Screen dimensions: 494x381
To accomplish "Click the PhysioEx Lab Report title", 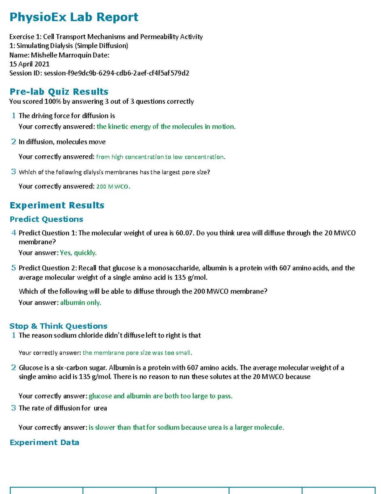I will pyautogui.click(x=74, y=17).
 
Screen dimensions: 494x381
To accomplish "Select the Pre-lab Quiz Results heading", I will pyautogui.click(x=59, y=92).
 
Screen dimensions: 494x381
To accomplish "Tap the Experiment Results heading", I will pyautogui.click(x=57, y=205).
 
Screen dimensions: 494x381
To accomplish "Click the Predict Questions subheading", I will pyautogui.click(x=46, y=219).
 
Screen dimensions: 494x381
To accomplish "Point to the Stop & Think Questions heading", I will pyautogui.click(x=58, y=326).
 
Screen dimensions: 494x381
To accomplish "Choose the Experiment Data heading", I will pyautogui.click(x=44, y=442).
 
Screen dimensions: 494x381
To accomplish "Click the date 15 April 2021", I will pyautogui.click(x=29, y=64).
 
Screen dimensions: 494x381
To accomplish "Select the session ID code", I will pyautogui.click(x=117, y=73).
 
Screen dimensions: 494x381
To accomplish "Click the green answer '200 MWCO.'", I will pyautogui.click(x=113, y=186).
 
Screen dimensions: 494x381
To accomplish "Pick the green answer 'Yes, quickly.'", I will pyautogui.click(x=78, y=253).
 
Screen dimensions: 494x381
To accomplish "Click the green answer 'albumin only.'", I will pyautogui.click(x=81, y=303).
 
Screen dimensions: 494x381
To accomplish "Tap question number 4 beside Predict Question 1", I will pyautogui.click(x=14, y=233).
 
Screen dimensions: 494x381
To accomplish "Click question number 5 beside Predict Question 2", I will pyautogui.click(x=14, y=268).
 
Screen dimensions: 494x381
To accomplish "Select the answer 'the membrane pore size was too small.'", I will pyautogui.click(x=137, y=353).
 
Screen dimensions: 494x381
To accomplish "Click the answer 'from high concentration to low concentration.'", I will pyautogui.click(x=161, y=157).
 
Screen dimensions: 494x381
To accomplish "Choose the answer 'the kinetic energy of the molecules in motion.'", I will pyautogui.click(x=166, y=127).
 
